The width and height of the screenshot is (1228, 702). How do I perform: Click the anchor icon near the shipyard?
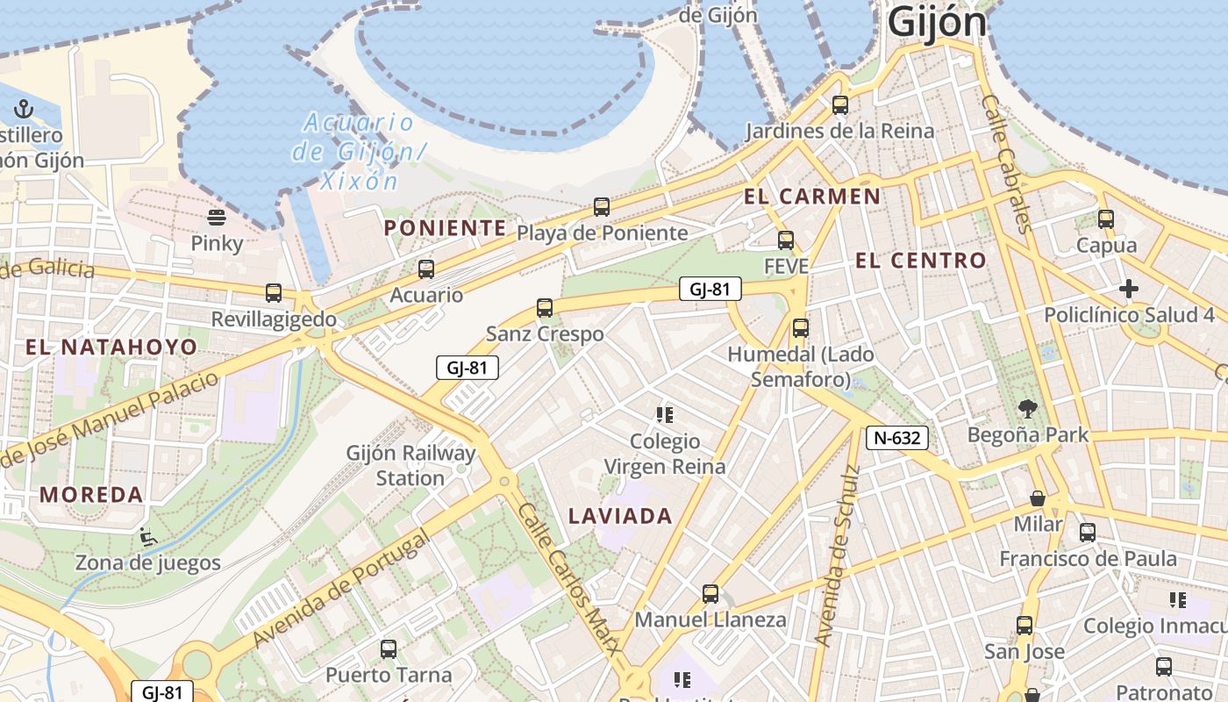[24, 109]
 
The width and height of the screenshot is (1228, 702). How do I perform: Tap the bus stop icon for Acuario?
[426, 269]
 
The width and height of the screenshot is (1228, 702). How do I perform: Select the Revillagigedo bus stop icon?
[274, 293]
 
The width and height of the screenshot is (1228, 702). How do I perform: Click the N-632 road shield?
[896, 438]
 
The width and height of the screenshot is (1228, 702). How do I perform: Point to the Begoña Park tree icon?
[1028, 409]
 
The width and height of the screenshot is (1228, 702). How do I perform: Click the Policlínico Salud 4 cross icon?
[1129, 289]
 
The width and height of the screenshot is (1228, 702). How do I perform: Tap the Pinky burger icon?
[217, 218]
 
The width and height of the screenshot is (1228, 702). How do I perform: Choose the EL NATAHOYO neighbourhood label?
[111, 347]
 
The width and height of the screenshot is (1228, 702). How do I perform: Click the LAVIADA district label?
[620, 516]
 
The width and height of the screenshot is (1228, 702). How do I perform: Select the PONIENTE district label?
[446, 228]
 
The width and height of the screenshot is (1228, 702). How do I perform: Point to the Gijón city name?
[937, 21]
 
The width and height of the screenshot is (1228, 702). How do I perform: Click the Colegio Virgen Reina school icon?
[664, 414]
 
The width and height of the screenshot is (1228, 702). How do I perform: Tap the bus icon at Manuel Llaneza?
[710, 594]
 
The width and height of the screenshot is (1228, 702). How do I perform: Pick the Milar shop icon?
[1038, 498]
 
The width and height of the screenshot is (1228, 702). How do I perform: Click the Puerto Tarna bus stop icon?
[389, 649]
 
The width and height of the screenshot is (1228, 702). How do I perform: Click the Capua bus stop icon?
[1106, 219]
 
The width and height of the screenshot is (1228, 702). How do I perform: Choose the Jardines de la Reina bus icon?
[840, 105]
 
